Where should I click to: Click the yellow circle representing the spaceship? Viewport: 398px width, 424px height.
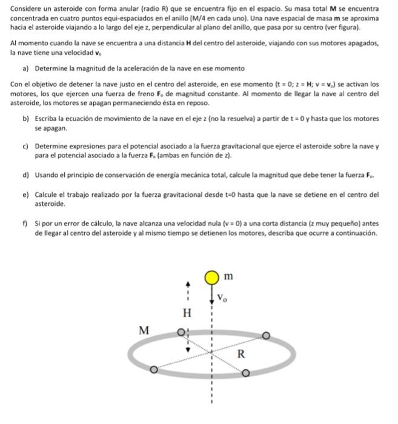click(211, 277)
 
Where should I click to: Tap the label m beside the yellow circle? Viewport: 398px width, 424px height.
click(228, 276)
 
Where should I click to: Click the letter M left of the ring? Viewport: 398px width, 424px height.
click(144, 330)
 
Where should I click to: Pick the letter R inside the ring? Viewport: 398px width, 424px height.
click(241, 355)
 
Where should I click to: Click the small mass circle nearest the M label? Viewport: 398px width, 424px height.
click(181, 333)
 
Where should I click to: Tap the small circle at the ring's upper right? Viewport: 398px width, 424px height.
click(265, 335)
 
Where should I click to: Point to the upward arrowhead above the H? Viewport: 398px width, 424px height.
click(188, 283)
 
